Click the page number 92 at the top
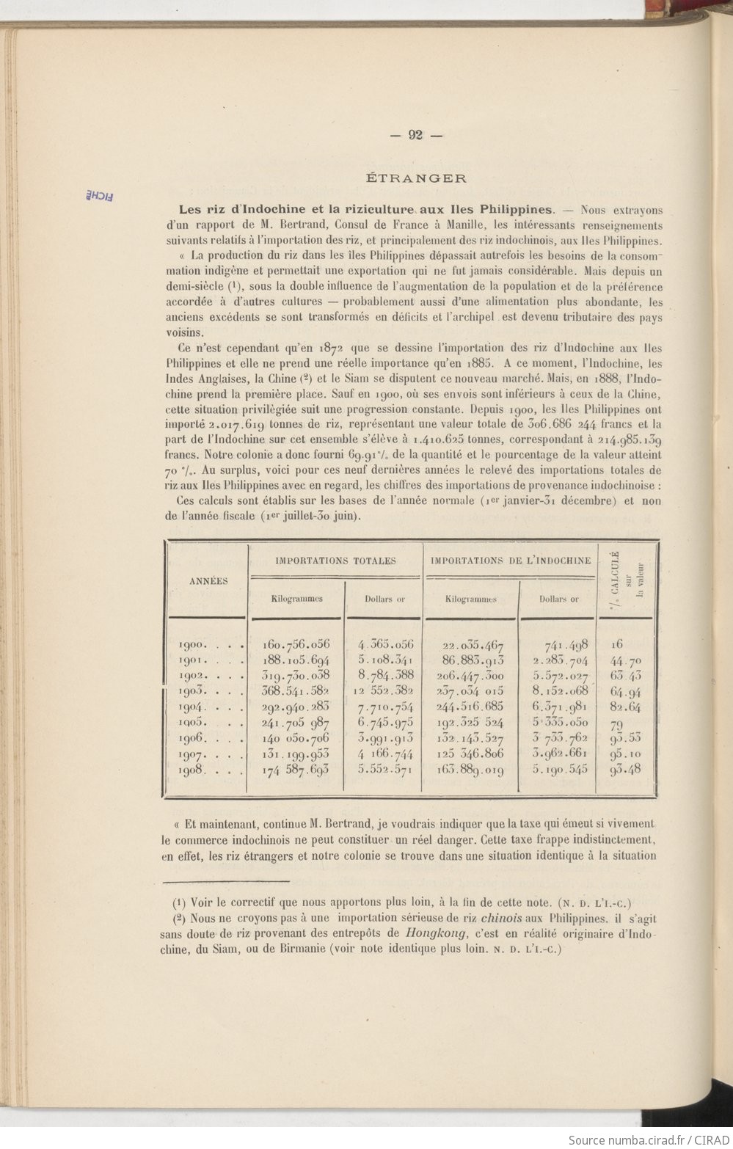click(415, 134)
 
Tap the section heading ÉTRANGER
click(416, 178)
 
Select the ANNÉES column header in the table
click(208, 581)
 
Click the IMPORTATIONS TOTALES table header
click(335, 561)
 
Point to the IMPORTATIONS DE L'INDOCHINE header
click(511, 561)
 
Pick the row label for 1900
click(194, 645)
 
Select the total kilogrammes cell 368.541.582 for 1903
click(296, 691)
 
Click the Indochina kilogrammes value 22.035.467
click(473, 646)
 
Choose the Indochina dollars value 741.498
click(566, 645)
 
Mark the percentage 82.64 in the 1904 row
click(625, 707)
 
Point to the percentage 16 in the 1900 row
click(617, 644)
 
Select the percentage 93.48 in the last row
click(626, 770)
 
